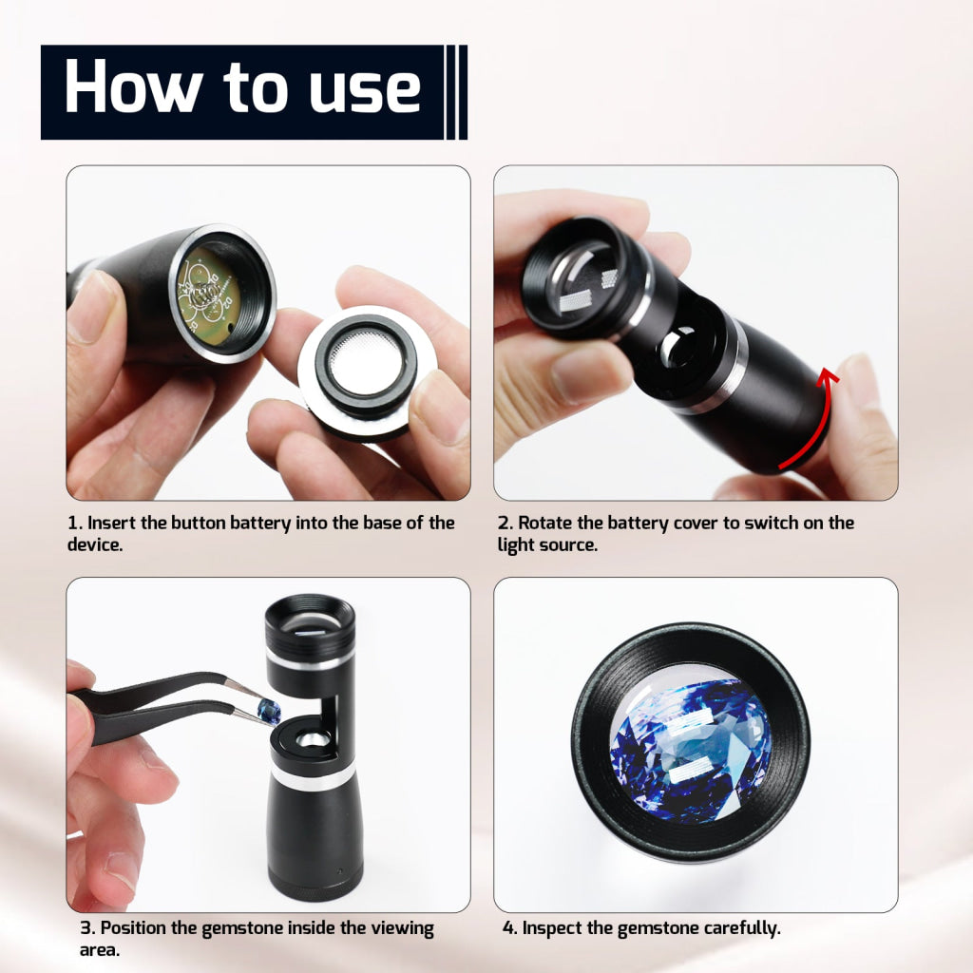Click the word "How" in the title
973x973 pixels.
(x=133, y=86)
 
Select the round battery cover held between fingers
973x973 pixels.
(x=368, y=372)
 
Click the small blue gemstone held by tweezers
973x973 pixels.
(x=269, y=711)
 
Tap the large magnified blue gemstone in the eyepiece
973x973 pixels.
(x=691, y=751)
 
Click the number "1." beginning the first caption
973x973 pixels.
(x=74, y=524)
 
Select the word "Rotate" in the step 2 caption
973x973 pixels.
(x=544, y=524)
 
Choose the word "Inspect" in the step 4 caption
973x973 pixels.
(x=552, y=929)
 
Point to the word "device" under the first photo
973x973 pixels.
(x=93, y=544)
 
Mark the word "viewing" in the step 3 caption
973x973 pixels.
(x=402, y=929)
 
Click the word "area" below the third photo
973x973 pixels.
(x=98, y=950)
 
